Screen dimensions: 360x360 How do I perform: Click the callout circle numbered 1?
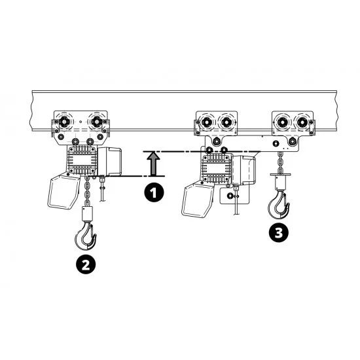[x=154, y=192]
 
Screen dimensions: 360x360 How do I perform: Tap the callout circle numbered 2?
[x=86, y=265]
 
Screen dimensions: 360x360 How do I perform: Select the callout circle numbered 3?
[x=278, y=233]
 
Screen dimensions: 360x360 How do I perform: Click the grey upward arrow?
[x=153, y=164]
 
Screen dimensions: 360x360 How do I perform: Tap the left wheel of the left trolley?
[x=64, y=121]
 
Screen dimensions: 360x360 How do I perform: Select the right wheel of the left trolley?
[x=97, y=121]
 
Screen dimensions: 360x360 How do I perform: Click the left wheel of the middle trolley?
[x=207, y=122]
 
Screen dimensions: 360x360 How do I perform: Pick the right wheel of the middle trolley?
[x=226, y=122]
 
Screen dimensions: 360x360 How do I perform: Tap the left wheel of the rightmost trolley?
[x=283, y=122]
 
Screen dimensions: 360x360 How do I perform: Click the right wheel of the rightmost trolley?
[x=302, y=122]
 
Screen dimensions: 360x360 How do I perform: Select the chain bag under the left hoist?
[x=64, y=192]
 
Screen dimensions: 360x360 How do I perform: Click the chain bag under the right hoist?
[x=198, y=198]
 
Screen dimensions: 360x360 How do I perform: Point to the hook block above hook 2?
[x=87, y=214]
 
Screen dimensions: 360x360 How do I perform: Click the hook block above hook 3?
[x=280, y=181]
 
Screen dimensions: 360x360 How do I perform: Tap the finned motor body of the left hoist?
[x=82, y=160]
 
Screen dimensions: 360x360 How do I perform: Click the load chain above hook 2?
[x=87, y=191]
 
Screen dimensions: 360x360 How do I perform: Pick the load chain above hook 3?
[x=280, y=162]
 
